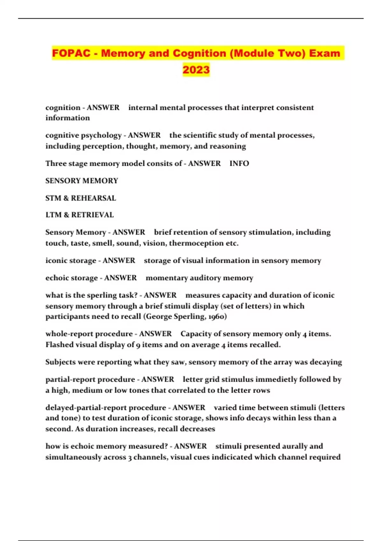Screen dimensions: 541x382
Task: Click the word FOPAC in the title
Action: [71, 53]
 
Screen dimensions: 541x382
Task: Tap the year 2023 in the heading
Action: [196, 69]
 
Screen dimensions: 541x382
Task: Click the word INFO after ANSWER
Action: [239, 163]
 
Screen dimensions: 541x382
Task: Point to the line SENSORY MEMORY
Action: [81, 181]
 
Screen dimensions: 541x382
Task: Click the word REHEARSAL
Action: [93, 198]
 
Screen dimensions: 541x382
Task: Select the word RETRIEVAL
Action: [92, 215]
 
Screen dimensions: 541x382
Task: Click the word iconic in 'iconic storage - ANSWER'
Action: [56, 260]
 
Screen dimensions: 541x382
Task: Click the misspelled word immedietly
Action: [273, 379]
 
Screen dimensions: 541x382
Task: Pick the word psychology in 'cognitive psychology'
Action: [102, 135]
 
